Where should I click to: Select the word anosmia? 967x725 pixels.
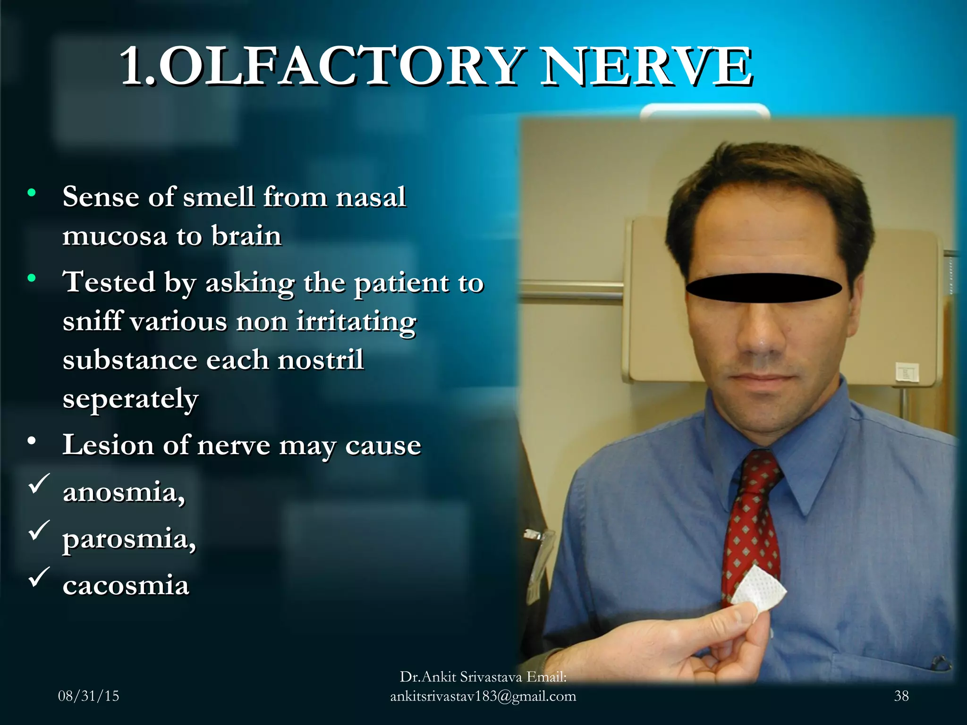click(124, 492)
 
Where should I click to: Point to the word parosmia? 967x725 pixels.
click(129, 539)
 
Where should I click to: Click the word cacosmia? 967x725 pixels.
click(126, 585)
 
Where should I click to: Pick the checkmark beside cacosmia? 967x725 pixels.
click(39, 577)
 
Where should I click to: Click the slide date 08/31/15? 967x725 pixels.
click(88, 696)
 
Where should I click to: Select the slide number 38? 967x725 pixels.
click(901, 696)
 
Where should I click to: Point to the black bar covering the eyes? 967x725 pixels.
click(763, 287)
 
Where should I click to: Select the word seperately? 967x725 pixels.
click(130, 399)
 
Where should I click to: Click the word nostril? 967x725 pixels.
click(321, 360)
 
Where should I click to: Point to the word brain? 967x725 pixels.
click(246, 236)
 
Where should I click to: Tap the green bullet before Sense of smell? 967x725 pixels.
click(32, 193)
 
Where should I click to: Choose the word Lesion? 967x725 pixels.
click(108, 445)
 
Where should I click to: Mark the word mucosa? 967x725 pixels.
click(115, 236)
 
